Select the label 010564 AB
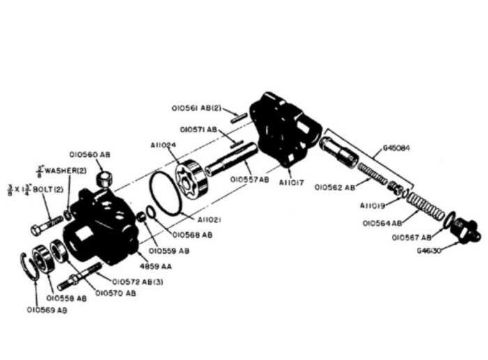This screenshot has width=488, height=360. (x=382, y=223)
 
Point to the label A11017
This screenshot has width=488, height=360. (x=292, y=183)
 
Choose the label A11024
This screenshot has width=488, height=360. (x=162, y=145)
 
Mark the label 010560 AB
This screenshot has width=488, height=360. (x=90, y=154)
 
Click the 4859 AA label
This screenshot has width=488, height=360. (x=154, y=265)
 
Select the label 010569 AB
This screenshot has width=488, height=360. (x=47, y=309)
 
